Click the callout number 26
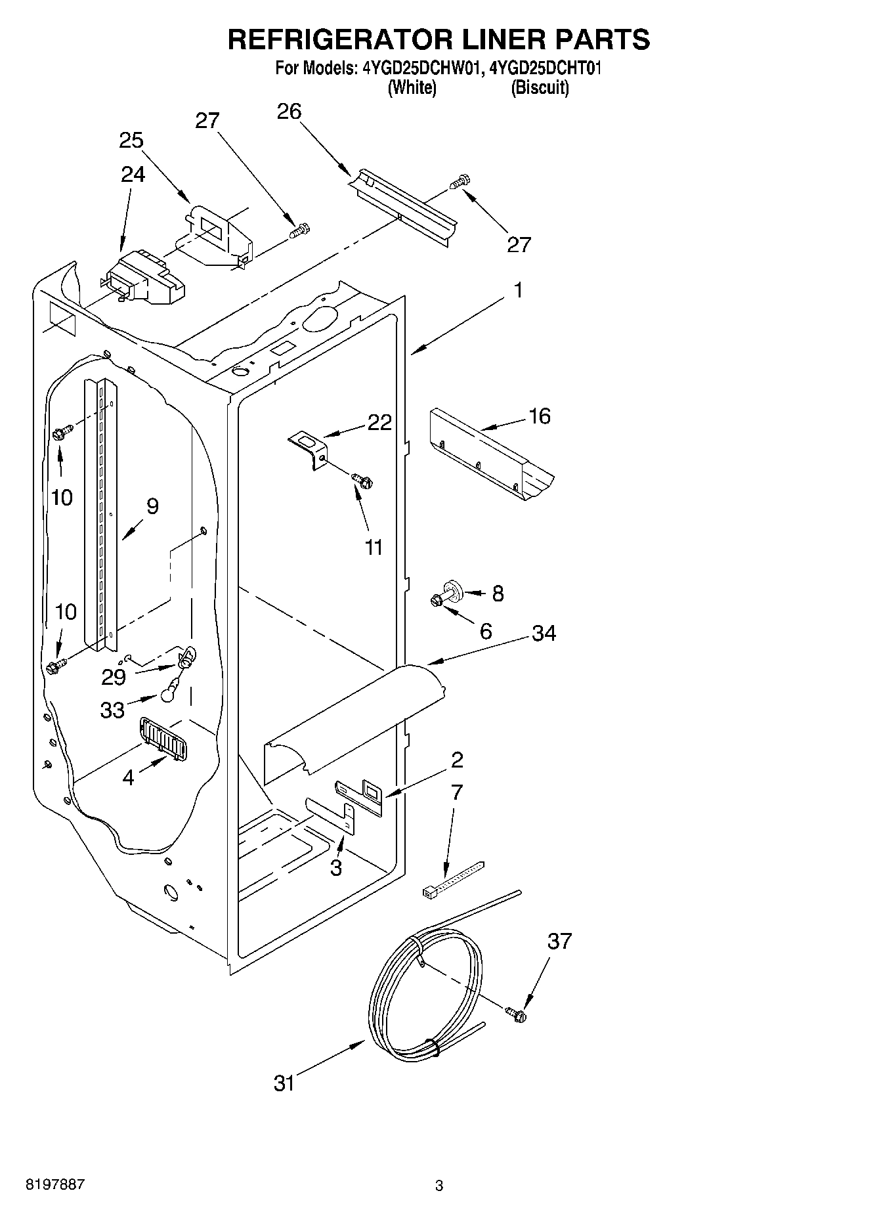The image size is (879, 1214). coord(289,112)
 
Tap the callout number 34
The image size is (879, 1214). coord(544,633)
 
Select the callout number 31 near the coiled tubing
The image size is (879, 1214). coord(284,1083)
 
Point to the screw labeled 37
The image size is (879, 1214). coord(517,1013)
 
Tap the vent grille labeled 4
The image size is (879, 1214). coord(162,738)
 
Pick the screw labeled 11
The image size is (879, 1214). coord(362,481)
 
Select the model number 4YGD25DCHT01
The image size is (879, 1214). coord(545,68)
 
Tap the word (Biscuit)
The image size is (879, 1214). coord(540,87)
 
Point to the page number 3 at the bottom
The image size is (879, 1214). coord(439,1186)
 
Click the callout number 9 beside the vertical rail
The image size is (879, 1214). coord(152,506)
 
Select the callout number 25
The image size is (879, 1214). coord(131,141)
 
